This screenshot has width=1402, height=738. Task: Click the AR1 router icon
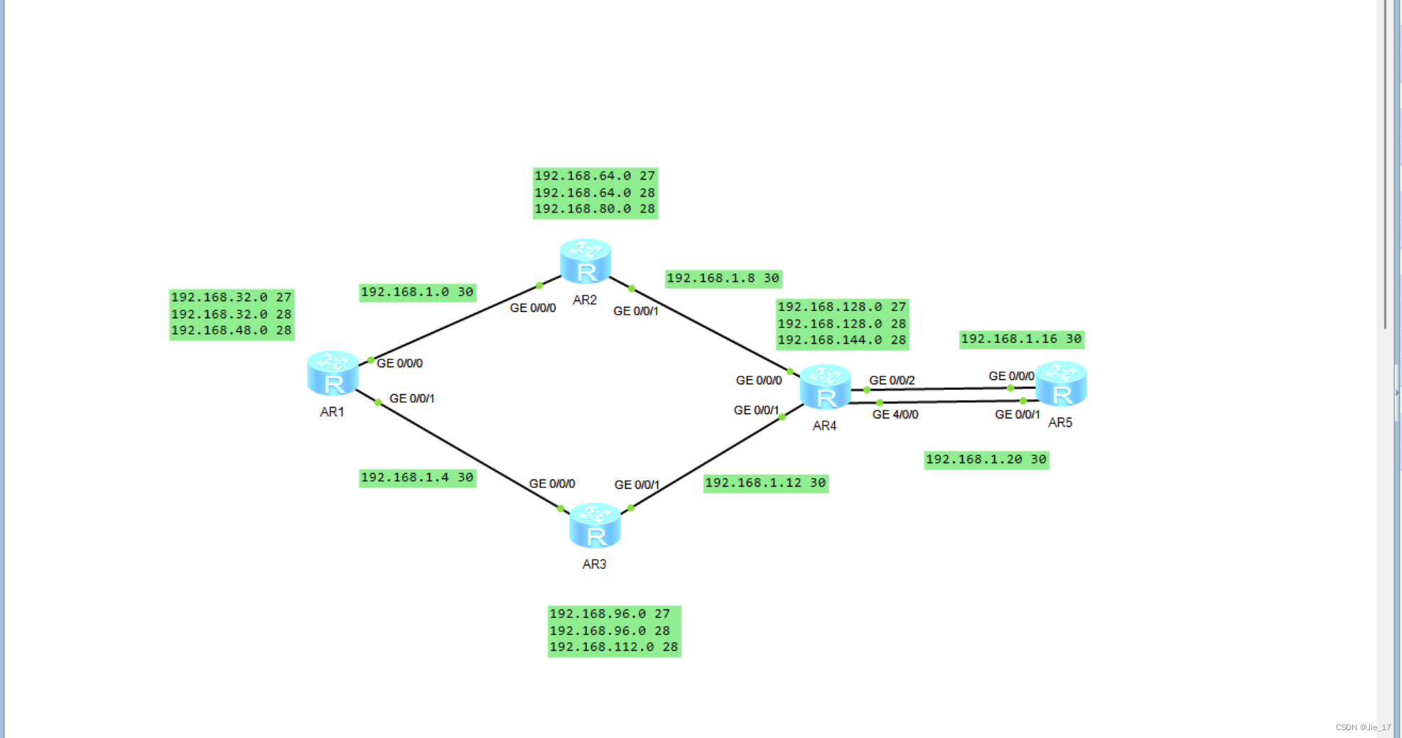pyautogui.click(x=333, y=372)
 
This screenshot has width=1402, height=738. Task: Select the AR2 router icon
pyautogui.click(x=586, y=261)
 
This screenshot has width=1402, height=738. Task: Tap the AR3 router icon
pyautogui.click(x=595, y=525)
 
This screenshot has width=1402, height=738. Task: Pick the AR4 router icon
pyautogui.click(x=825, y=386)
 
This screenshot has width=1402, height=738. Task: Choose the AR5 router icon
pyautogui.click(x=1061, y=383)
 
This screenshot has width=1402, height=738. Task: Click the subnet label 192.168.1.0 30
pyautogui.click(x=417, y=292)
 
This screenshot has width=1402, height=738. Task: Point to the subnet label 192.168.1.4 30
pyautogui.click(x=417, y=477)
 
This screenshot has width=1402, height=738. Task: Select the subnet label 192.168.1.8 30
pyautogui.click(x=723, y=278)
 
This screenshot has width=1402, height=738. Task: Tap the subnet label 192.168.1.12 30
pyautogui.click(x=765, y=483)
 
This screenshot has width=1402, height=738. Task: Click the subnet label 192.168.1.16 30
pyautogui.click(x=1021, y=339)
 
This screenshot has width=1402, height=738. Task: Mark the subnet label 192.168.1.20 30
pyautogui.click(x=986, y=460)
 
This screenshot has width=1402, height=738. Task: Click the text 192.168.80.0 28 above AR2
pyautogui.click(x=595, y=209)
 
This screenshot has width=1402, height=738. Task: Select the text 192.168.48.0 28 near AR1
pyautogui.click(x=232, y=330)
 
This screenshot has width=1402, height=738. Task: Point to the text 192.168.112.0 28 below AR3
pyautogui.click(x=614, y=647)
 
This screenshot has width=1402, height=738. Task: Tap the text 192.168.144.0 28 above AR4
pyautogui.click(x=842, y=340)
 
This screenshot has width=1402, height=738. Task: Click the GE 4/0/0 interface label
pyautogui.click(x=895, y=414)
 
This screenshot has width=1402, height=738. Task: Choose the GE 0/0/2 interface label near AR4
pyautogui.click(x=892, y=380)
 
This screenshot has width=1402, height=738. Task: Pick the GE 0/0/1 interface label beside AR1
pyautogui.click(x=412, y=398)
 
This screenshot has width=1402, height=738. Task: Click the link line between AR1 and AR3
pyautogui.click(x=469, y=455)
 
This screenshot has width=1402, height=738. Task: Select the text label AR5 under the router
pyautogui.click(x=1060, y=423)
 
